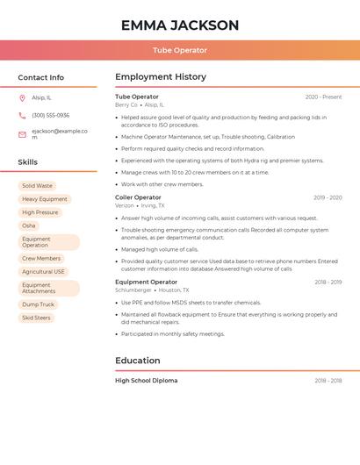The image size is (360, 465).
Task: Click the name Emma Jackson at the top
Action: [x=180, y=25]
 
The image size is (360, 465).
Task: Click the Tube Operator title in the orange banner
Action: [x=180, y=51]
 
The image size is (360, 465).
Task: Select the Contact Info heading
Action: [x=41, y=77]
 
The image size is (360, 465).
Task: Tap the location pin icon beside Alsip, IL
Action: [x=22, y=98]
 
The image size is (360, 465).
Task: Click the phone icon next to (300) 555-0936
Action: [x=22, y=116]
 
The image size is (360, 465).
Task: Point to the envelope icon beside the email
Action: [x=22, y=134]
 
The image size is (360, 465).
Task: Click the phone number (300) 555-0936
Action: [x=50, y=116]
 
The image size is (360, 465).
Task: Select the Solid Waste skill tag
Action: [x=37, y=186]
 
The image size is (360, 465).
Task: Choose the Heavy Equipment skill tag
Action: [x=44, y=199]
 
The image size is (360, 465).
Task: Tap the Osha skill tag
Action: [x=29, y=225]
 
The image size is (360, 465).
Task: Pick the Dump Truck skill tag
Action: [x=38, y=304]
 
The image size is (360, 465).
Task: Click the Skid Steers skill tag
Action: [x=36, y=318]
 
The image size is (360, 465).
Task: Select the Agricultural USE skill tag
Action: [x=44, y=272]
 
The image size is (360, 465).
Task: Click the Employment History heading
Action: [x=161, y=77]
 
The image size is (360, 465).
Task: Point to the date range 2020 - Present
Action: [x=323, y=97]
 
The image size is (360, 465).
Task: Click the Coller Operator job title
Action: [x=138, y=197]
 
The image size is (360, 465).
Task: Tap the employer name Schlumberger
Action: [x=133, y=290]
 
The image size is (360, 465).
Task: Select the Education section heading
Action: [x=138, y=361]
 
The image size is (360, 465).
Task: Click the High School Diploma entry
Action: [x=146, y=381]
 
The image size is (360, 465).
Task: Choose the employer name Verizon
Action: [x=125, y=205]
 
